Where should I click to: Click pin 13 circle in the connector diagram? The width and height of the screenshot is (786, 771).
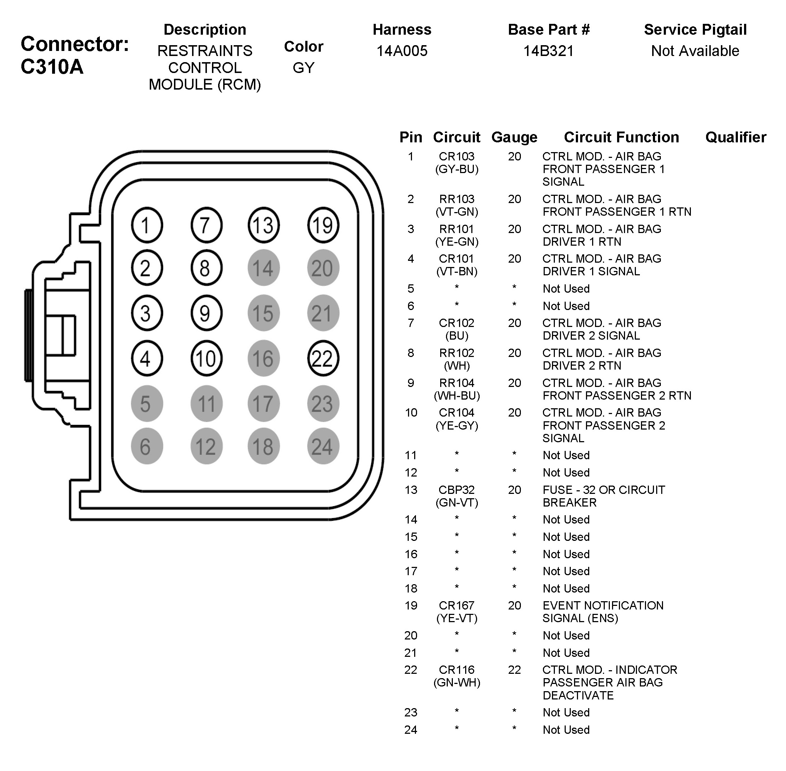263,225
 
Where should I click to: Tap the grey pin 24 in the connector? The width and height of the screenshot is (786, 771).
323,446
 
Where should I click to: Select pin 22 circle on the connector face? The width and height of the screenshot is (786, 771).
323,358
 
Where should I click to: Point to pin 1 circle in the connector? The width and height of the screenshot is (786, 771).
146,225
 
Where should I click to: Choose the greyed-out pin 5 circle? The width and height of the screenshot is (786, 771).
146,404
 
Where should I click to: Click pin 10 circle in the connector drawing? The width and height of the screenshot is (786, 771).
206,358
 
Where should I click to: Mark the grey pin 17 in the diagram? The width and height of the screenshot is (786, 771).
263,404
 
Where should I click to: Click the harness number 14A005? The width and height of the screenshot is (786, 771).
402,51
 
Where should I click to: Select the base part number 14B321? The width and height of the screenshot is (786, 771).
548,51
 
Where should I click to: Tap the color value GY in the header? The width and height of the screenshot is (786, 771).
303,68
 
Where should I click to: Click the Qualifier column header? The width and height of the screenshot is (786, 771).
735,137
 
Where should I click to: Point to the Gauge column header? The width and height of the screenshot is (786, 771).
514,137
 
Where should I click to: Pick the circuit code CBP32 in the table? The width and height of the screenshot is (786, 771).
456,490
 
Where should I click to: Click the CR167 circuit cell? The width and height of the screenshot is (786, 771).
456,606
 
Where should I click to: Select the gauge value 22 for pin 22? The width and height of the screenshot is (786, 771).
514,670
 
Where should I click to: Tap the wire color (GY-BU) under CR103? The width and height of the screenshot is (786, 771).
456,169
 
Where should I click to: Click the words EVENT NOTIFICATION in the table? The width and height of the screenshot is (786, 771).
603,606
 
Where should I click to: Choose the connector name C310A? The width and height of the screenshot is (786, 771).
52,67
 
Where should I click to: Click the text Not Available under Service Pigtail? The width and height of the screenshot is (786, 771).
695,51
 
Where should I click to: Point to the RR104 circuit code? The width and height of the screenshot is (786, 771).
456,383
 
